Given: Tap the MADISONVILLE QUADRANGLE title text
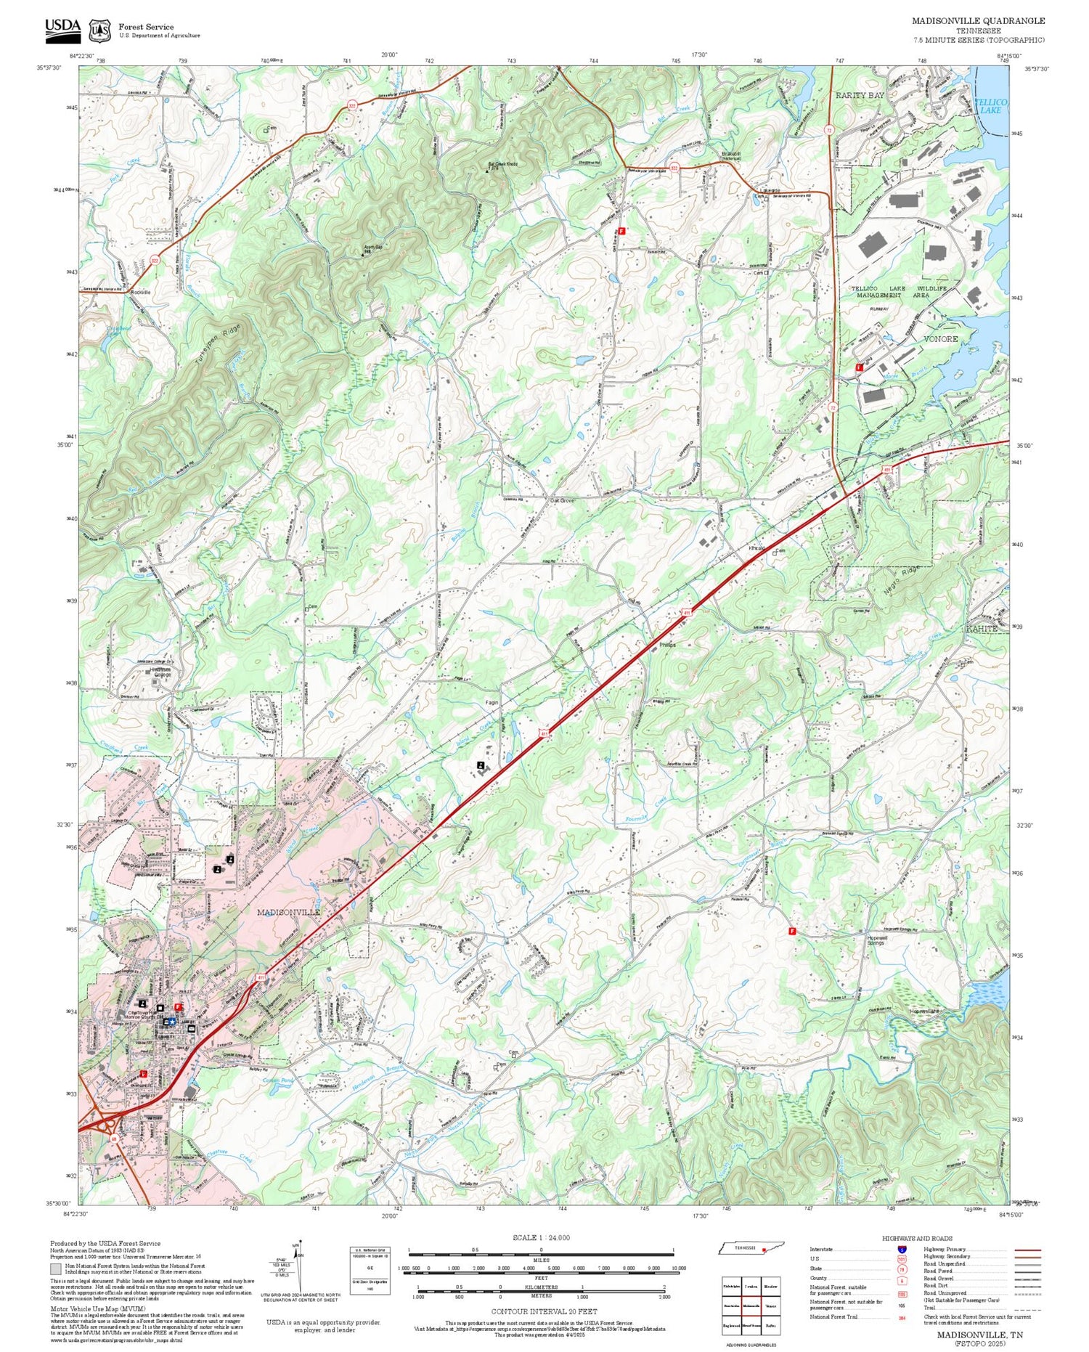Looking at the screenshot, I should pos(978,21).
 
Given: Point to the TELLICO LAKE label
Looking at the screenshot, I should pos(990,106).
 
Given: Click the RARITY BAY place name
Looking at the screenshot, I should pos(860,95).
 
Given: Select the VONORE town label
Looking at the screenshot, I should pos(940,339).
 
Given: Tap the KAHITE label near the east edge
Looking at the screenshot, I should pos(982,629).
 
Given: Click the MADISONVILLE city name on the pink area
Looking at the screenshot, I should pos(287,911).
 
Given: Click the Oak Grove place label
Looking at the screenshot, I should pos(562,500).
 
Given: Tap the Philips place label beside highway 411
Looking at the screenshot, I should pos(666,644).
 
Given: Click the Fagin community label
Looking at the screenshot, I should pos(492,703).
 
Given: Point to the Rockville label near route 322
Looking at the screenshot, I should pos(140,292).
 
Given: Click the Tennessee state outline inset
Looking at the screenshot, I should pos(751,1247).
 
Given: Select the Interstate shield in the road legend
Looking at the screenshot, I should pos(901,1249).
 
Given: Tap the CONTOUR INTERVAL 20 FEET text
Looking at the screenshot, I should pos(544,1311).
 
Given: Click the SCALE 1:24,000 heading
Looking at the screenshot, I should pos(541,1237).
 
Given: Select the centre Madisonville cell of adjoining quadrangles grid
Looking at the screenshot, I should pos(751,1305).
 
